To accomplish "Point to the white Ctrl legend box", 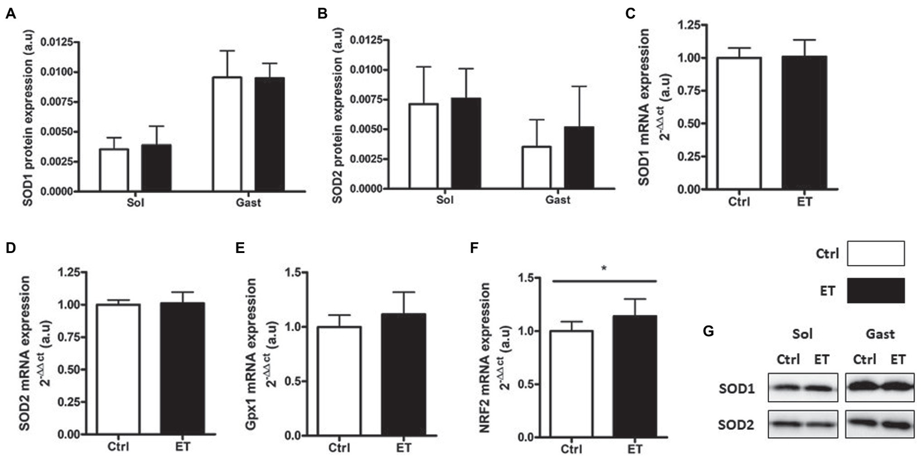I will tap(875, 254).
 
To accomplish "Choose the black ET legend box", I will tap(875, 291).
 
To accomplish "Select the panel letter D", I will tap(11, 248).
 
